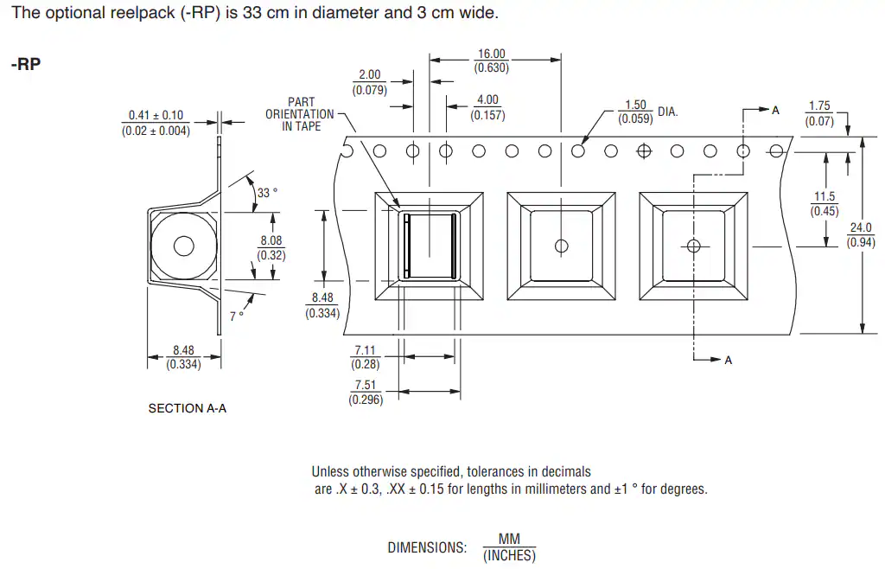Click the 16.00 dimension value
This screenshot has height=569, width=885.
[492, 54]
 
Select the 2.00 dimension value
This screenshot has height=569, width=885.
[370, 74]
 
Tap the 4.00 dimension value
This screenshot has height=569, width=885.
[487, 100]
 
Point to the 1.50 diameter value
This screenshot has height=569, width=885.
[635, 105]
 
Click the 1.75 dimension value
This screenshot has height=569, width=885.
[819, 106]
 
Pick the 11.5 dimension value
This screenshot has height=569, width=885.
[825, 196]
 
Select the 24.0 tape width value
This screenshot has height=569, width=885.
[861, 227]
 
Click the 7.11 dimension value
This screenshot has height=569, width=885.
[366, 350]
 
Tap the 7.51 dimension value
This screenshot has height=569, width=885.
[366, 385]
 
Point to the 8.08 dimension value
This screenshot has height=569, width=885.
[271, 240]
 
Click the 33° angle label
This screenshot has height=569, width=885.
[268, 193]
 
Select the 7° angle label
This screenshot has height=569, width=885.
[237, 316]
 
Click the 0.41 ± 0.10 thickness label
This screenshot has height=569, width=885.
[156, 115]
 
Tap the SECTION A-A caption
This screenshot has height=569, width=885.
[188, 408]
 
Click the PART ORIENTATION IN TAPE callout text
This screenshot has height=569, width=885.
[300, 114]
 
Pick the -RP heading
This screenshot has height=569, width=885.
[26, 64]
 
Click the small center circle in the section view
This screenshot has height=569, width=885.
[184, 246]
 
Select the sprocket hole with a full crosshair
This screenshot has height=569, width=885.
[644, 151]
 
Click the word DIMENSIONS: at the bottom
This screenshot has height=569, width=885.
[427, 547]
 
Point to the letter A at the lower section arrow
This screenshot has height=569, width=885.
[728, 360]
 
